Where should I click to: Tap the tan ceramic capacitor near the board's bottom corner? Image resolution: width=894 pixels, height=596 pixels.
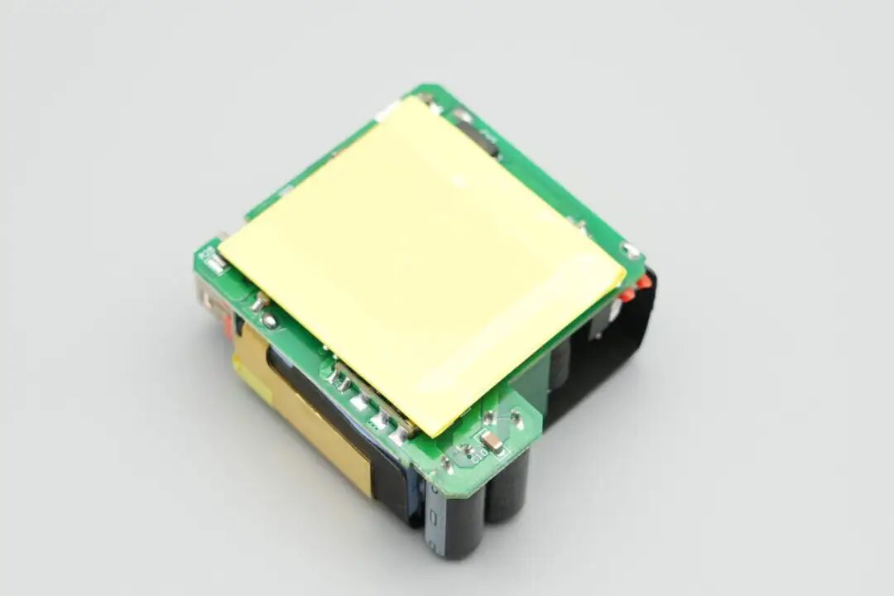(493, 442)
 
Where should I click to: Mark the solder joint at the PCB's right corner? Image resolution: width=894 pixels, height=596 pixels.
(631, 249)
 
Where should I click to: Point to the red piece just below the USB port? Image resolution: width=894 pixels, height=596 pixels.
(228, 327)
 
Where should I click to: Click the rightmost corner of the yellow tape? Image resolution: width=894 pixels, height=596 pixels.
(625, 274)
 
